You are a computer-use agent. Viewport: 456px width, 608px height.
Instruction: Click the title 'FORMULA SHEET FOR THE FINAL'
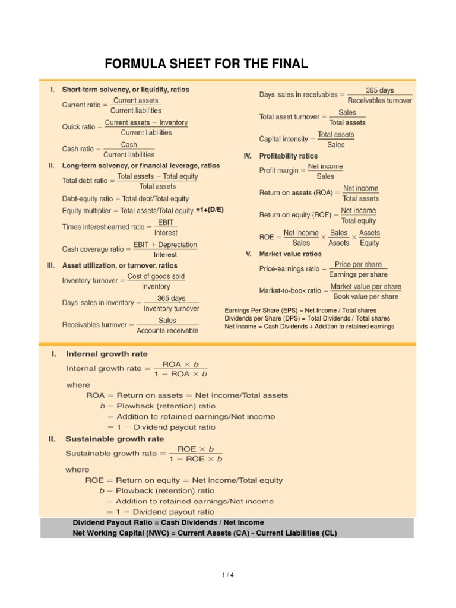(206, 64)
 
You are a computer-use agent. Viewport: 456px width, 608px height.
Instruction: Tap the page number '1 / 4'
(228, 575)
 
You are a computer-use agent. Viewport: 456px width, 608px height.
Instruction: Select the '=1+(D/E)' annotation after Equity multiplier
(213, 210)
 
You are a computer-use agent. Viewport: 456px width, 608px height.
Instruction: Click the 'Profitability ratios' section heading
(288, 156)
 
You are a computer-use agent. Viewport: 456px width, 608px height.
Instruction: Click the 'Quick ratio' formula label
(81, 127)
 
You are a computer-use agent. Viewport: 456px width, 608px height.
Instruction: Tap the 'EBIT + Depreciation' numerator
(165, 245)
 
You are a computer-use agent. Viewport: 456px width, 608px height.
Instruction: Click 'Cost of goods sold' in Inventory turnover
(156, 276)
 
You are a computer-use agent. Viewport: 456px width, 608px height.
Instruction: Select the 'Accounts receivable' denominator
(167, 331)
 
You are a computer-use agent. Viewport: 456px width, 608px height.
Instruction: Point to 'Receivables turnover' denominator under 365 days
(380, 100)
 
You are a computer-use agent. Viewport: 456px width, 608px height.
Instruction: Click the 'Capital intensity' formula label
(284, 139)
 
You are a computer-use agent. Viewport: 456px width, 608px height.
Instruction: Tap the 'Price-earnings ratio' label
(289, 269)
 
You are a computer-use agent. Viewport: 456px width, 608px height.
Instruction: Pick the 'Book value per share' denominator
(366, 296)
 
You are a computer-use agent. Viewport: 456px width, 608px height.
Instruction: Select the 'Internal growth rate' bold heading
(106, 354)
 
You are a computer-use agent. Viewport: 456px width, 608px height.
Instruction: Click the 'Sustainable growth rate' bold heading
(115, 439)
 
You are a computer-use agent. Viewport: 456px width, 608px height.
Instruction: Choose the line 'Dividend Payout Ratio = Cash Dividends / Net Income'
(168, 522)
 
